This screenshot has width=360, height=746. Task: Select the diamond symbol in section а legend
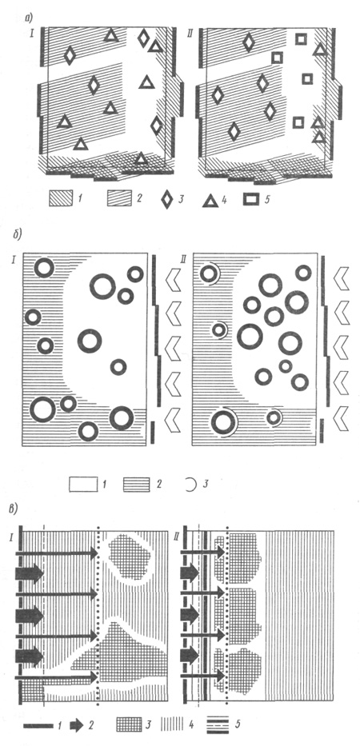pos(167,199)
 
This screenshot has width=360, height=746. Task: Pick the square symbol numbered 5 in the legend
pos(251,199)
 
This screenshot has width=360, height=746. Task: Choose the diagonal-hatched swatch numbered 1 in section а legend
pos(61,198)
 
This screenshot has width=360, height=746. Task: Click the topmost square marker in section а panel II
pos(301,39)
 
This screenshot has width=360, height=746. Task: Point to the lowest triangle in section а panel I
pos(141,159)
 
